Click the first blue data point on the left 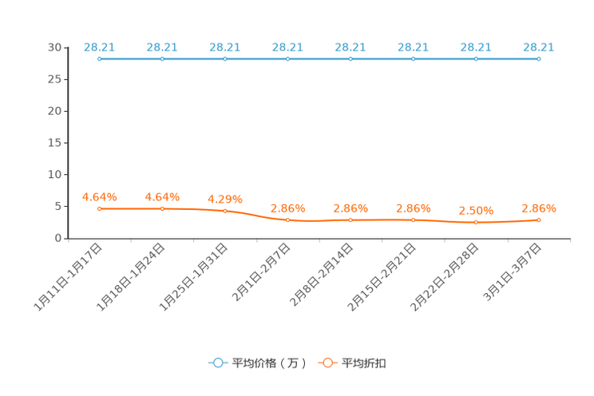pos(99,58)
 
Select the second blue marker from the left pos(162,58)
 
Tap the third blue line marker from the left pos(224,58)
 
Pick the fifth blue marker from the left pos(350,58)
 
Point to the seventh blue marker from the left pos(476,58)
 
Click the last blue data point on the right pos(539,58)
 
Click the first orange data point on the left pos(99,209)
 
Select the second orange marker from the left pos(162,209)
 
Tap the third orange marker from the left pos(224,212)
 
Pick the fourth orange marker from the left pos(287,220)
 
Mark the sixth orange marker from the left pos(413,220)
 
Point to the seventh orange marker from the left pos(476,223)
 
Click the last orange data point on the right pos(539,220)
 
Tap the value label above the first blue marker pos(99,46)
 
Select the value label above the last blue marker pos(539,46)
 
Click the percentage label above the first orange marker pos(100,196)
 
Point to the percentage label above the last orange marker pos(539,208)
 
